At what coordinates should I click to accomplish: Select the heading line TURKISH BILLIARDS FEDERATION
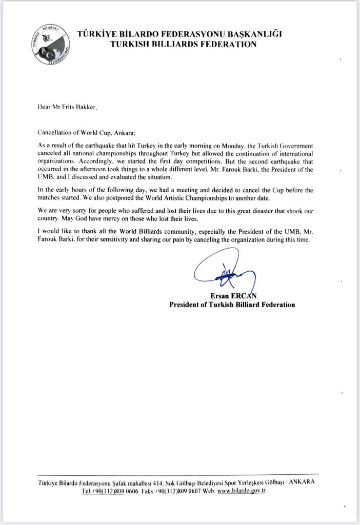tap(183, 45)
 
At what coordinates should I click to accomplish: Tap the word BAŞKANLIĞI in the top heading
tap(255, 34)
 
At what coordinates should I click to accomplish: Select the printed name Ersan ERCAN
tap(232, 296)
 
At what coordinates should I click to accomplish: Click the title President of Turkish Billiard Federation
tap(232, 305)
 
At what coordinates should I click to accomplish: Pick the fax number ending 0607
tap(172, 491)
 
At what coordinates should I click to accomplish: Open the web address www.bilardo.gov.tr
tap(241, 491)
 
